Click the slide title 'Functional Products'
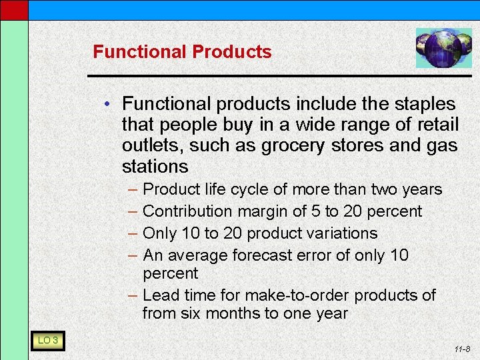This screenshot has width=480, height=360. pyautogui.click(x=182, y=52)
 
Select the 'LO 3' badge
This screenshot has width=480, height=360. pyautogui.click(x=47, y=341)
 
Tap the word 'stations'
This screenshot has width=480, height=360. pyautogui.click(x=155, y=166)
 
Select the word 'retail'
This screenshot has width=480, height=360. pyautogui.click(x=436, y=125)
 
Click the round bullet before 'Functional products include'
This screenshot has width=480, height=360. pyautogui.click(x=115, y=105)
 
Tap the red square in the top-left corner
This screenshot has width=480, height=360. pyautogui.click(x=14, y=9)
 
